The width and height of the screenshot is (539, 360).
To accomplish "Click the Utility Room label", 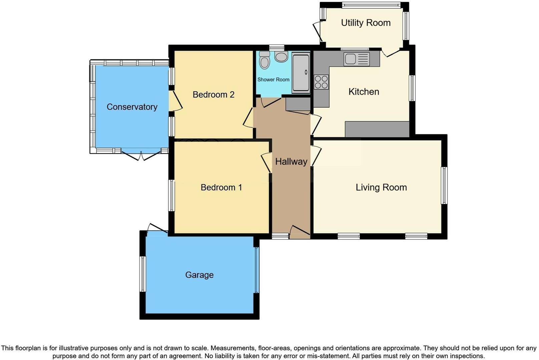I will [x=366, y=23].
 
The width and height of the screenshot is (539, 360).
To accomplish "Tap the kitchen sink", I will [x=357, y=59].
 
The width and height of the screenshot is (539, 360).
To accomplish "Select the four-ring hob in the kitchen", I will [x=321, y=82].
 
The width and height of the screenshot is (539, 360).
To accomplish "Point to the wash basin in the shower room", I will [x=281, y=56].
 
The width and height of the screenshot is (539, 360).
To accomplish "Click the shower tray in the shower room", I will [x=301, y=73].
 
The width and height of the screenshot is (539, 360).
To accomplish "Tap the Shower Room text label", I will [x=273, y=80].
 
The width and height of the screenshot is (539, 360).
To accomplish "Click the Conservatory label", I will [x=132, y=107].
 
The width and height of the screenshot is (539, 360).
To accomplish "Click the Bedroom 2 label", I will [x=213, y=95].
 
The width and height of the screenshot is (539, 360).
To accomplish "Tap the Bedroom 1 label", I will [x=221, y=187].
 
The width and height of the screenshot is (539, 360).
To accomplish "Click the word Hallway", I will [x=291, y=162].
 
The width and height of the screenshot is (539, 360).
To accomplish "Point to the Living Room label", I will [x=381, y=187].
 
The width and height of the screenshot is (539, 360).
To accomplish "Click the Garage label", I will [x=199, y=275].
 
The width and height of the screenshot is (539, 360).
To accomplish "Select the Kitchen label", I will [x=364, y=92].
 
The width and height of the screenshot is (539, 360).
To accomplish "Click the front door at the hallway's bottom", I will [x=300, y=232].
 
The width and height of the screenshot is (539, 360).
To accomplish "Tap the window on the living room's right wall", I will [x=444, y=185].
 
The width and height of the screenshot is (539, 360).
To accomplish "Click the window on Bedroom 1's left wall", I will [x=171, y=195].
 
